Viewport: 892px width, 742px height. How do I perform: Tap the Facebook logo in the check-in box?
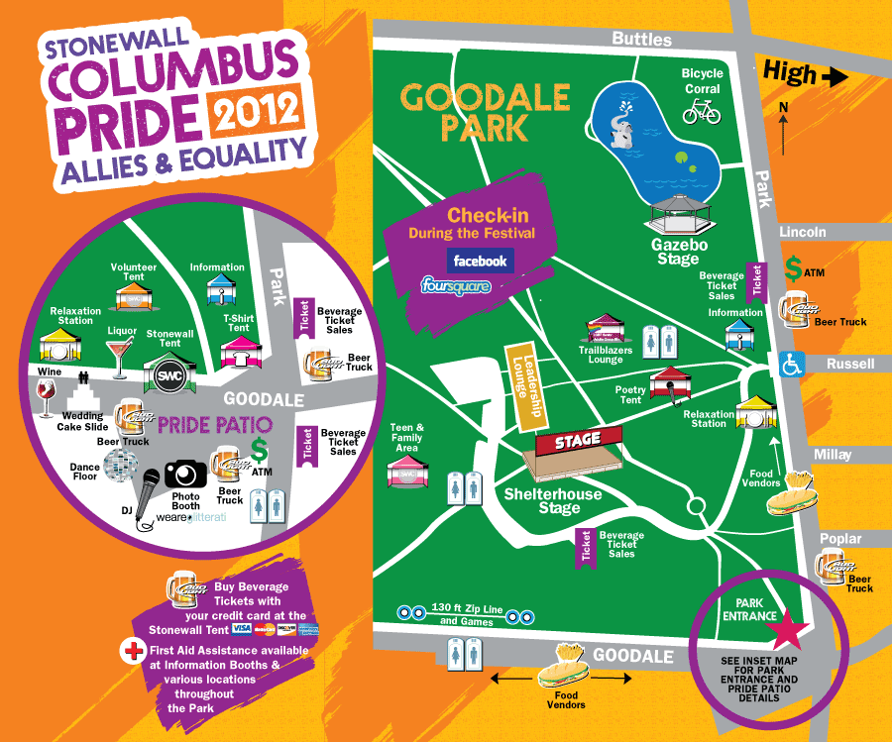coord(480,261)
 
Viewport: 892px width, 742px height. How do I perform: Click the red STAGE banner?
coord(578,439)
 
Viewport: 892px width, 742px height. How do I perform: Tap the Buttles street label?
coord(641,40)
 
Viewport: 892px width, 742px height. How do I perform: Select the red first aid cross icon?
coord(130,651)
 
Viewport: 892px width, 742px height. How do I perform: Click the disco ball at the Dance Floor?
coord(121,465)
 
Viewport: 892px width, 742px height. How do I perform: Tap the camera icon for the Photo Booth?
coord(184,474)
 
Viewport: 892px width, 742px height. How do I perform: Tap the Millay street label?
coord(833,455)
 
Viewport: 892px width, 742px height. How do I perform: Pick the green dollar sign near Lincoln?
coord(794,267)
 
